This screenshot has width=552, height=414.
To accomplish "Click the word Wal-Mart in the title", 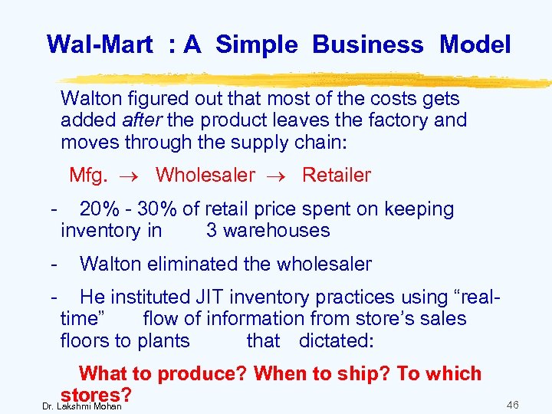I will [100, 44].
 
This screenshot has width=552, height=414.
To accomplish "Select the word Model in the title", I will [475, 44].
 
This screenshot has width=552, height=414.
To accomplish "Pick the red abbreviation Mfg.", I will [88, 176].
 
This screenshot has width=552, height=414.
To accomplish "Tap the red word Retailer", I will [336, 176].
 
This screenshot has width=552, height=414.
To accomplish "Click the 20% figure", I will [99, 209].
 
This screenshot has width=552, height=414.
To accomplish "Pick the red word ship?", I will [365, 374].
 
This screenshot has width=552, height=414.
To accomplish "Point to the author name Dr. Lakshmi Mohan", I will [82, 406].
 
